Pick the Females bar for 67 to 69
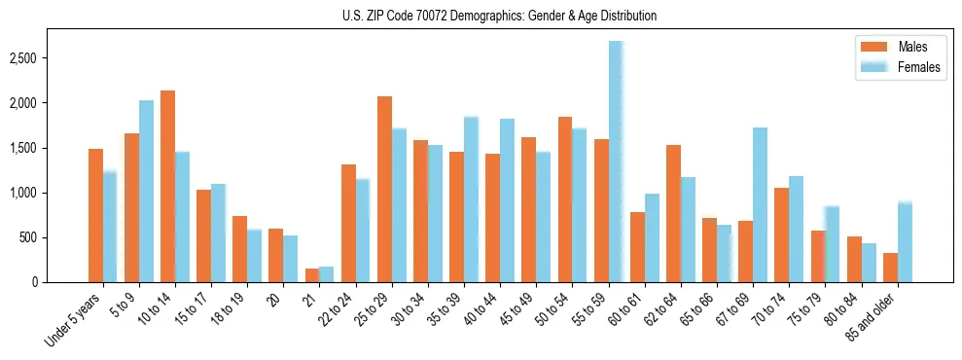click(x=761, y=204)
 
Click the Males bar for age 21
click(x=312, y=275)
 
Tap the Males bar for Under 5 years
click(x=95, y=215)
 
